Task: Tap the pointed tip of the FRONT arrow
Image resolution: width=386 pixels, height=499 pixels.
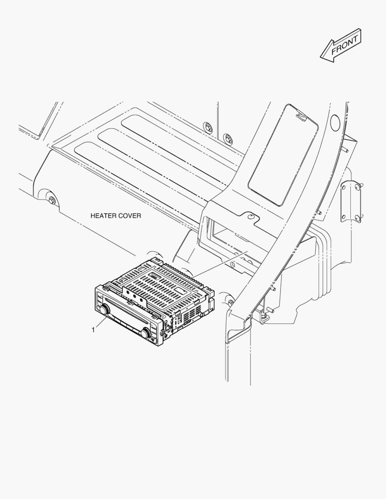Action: (320, 57)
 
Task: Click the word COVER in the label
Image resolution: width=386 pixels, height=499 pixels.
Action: (129, 216)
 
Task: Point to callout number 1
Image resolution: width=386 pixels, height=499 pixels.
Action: (93, 330)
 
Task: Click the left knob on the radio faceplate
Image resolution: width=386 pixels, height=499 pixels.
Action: (104, 309)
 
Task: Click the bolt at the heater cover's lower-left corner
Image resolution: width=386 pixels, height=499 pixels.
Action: (52, 201)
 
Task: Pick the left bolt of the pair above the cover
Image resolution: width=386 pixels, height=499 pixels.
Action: (208, 126)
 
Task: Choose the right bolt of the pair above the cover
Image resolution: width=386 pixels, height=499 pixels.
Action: (227, 138)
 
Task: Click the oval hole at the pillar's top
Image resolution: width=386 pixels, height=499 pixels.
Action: (335, 123)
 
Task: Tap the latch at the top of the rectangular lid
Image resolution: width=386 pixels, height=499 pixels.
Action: (301, 116)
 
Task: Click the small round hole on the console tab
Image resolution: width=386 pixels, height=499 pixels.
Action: (251, 216)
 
